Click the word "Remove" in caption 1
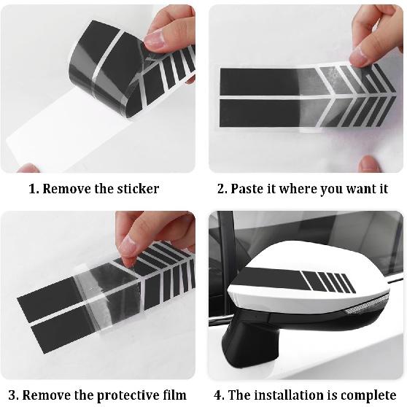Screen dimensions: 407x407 coord(66,189)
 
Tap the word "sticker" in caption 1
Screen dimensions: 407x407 coord(137,189)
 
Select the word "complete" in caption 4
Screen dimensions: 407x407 coord(368,395)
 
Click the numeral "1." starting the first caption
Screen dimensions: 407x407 coord(34,189)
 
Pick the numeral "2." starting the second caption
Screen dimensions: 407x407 coord(222,189)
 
